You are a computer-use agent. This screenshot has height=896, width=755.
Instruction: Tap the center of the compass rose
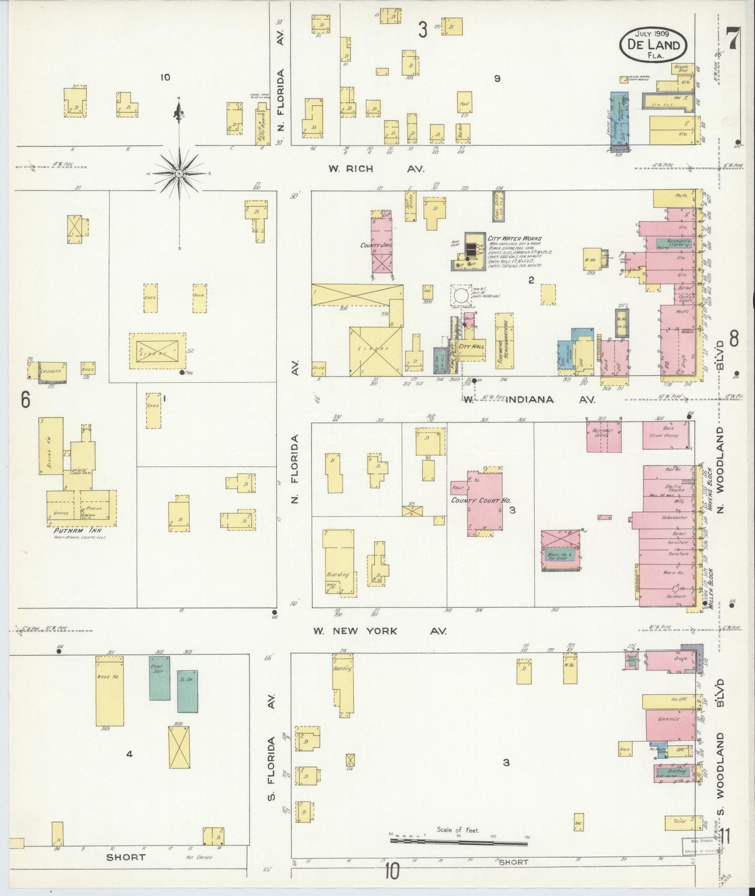point(179,173)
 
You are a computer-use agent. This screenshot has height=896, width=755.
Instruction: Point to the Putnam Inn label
point(75,531)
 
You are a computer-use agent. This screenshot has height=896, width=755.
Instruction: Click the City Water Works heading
point(514,238)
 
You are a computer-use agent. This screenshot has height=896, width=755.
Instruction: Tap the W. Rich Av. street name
point(376,169)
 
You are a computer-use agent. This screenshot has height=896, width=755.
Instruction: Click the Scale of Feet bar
point(460,841)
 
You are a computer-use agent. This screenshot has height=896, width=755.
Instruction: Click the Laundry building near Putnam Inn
point(52,371)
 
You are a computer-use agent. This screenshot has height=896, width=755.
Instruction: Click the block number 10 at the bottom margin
point(392,871)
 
